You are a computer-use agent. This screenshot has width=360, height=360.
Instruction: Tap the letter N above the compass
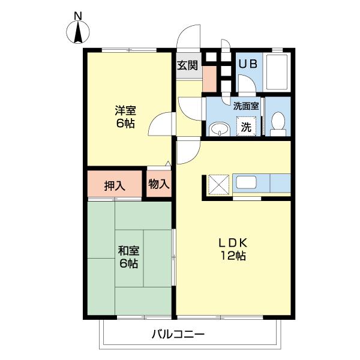tap(78, 14)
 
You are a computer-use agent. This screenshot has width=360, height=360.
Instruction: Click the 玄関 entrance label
tap(187, 65)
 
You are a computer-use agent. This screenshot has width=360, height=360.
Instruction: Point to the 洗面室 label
tap(246, 106)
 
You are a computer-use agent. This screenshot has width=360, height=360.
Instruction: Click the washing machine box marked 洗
tap(246, 127)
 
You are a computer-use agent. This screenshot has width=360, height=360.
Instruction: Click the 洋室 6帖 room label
tap(125, 118)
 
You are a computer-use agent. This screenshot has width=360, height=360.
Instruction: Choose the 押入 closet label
tap(115, 185)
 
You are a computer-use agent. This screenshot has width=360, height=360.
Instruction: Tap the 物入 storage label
tap(158, 184)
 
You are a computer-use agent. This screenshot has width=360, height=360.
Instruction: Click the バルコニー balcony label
tap(178, 334)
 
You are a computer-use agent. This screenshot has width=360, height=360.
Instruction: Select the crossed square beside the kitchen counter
tap(218, 184)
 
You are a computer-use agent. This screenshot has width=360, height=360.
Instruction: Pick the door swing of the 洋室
tap(161, 124)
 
